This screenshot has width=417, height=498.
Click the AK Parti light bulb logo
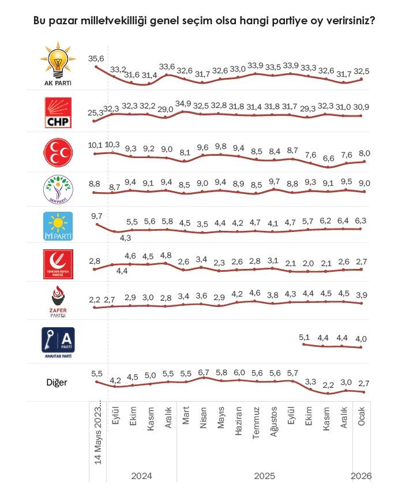click(x=59, y=63)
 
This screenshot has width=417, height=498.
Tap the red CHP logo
click(x=59, y=112)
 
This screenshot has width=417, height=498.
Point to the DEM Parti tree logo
click(x=59, y=189)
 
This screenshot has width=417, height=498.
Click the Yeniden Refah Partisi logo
click(x=59, y=265)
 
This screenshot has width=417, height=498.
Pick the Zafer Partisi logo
click(x=58, y=302)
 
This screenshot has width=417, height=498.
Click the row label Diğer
click(x=58, y=381)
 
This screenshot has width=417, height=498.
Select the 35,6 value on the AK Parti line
click(x=96, y=58)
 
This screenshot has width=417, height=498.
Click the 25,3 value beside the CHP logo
click(x=95, y=113)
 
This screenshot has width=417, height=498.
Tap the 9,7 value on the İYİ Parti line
click(x=96, y=215)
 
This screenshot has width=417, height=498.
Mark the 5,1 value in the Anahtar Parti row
click(x=305, y=337)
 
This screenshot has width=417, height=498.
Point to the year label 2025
click(x=265, y=476)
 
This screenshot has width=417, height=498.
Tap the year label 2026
click(x=362, y=476)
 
